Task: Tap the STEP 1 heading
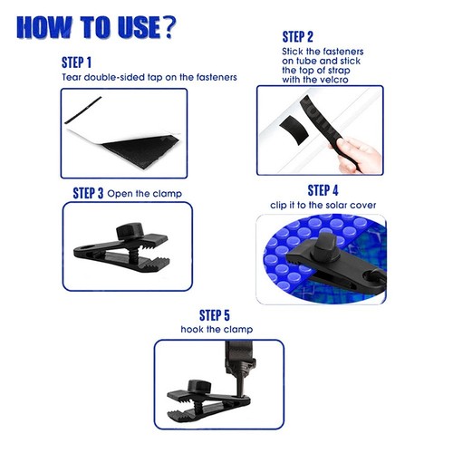(76, 63)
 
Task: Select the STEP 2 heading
(297, 37)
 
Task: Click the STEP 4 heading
(323, 190)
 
